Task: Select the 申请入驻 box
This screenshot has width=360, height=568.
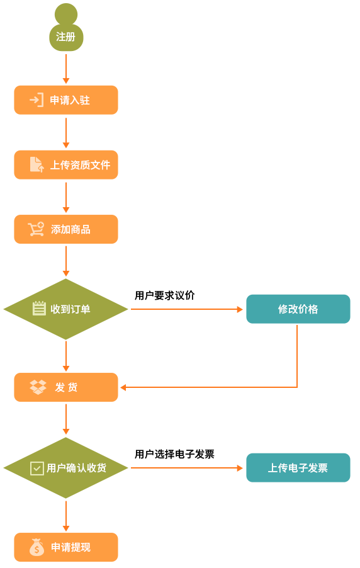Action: click(66, 100)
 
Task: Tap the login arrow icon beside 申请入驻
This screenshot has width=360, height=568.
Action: click(37, 100)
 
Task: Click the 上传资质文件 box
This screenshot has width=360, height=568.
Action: click(66, 165)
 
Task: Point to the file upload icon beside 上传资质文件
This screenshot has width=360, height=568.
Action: click(37, 164)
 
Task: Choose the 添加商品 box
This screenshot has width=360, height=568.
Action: click(66, 229)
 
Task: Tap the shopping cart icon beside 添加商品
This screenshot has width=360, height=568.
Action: click(36, 229)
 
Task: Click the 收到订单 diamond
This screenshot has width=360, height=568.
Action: click(66, 309)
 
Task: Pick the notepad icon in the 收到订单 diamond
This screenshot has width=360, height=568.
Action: click(39, 309)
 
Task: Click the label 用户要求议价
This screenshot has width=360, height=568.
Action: click(165, 295)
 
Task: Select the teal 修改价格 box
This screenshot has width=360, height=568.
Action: click(298, 309)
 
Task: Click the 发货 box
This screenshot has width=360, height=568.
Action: click(66, 387)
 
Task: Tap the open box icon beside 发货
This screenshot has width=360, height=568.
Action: click(38, 387)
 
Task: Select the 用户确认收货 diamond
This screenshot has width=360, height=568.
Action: click(66, 468)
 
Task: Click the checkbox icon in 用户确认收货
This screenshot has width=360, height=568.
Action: click(37, 469)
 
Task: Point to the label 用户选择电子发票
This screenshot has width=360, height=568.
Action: click(174, 454)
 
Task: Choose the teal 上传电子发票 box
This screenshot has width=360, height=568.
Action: click(298, 468)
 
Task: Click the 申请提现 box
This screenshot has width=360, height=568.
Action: click(66, 547)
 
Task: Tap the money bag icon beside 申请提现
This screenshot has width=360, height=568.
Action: click(37, 547)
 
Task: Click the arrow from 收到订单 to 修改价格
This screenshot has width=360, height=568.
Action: click(187, 309)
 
